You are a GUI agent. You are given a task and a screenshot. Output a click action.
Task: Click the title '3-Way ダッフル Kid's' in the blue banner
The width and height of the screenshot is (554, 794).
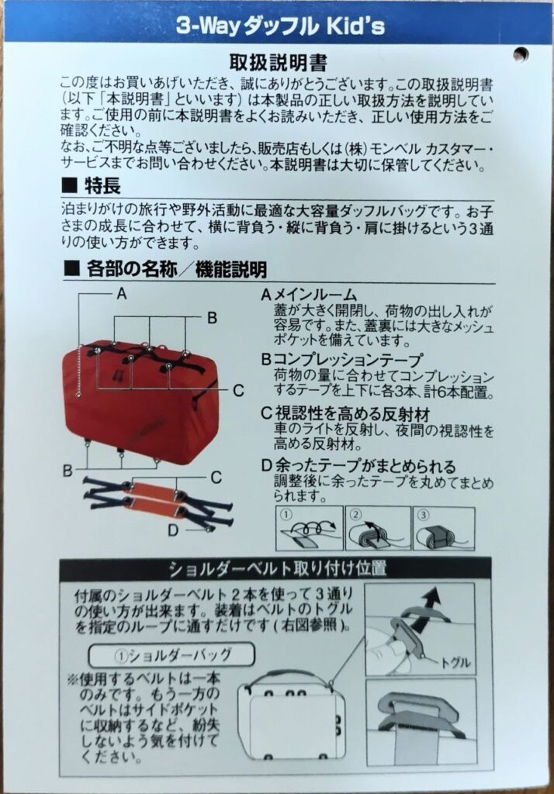[x=280, y=26]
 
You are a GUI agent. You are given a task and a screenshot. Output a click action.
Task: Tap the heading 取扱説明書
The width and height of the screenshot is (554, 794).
[x=279, y=63]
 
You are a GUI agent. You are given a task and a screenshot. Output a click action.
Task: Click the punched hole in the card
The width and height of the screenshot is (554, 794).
[x=521, y=54]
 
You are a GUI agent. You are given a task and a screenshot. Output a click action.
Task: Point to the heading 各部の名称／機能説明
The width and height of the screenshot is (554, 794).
[x=165, y=269]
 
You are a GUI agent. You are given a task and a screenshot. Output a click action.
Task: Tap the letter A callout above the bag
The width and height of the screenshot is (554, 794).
[x=122, y=293]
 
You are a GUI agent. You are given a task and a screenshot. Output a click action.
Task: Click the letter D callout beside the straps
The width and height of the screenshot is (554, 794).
[x=173, y=530]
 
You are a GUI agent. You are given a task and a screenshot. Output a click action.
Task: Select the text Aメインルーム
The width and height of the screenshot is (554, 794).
[x=309, y=295]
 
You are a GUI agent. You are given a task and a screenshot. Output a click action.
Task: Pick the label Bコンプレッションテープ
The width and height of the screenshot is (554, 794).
[x=342, y=360]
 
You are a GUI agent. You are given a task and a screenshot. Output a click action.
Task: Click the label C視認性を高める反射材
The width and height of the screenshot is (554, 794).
[x=346, y=414]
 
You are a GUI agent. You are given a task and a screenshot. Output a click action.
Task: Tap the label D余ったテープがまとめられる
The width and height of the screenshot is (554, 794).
[x=358, y=466]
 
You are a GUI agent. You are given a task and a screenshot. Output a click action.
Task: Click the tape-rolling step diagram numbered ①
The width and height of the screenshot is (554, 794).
[x=310, y=527]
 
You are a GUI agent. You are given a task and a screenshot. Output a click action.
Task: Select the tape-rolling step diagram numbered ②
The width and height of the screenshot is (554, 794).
[x=378, y=527]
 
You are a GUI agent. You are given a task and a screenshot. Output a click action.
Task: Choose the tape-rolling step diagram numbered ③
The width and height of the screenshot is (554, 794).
[x=444, y=527]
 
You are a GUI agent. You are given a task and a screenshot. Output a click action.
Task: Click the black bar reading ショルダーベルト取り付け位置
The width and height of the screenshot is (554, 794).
[x=275, y=569]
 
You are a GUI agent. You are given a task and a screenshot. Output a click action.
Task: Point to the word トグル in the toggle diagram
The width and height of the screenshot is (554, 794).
[x=455, y=662]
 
